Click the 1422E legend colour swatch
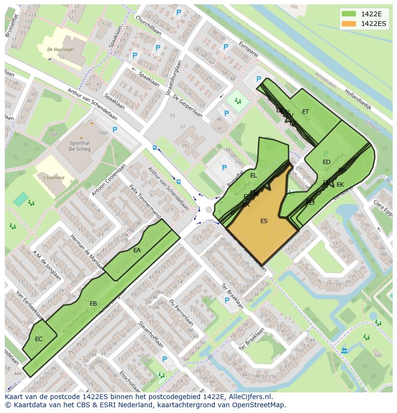point(348,14)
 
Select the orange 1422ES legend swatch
point(348,24)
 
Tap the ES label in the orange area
point(264,221)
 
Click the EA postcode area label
point(137,250)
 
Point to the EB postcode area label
point(93,304)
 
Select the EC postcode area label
point(39,339)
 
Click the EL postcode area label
point(254,176)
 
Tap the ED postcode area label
point(327,162)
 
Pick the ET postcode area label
point(305,112)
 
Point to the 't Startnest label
point(54,178)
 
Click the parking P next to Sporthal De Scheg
point(115,130)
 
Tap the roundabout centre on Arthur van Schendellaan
point(208,210)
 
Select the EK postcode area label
point(340,185)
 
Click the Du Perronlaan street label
point(181,312)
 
